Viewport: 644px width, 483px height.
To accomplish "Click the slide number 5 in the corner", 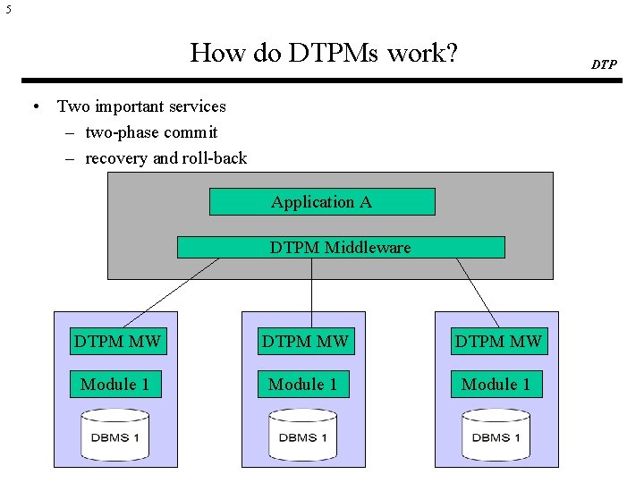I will click(x=8, y=11).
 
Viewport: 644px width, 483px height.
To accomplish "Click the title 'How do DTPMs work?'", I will click(x=324, y=53).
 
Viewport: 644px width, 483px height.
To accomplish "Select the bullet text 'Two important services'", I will click(x=141, y=106).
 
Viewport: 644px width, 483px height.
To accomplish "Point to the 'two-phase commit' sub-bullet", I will click(x=150, y=132).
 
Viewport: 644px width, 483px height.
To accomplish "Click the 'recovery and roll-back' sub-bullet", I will click(x=165, y=158).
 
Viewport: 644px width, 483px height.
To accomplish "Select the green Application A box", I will click(x=322, y=202).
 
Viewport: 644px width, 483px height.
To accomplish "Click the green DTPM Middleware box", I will click(x=341, y=247).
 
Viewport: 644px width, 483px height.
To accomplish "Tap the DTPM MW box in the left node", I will click(x=117, y=340).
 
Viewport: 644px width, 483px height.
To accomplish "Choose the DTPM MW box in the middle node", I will click(x=303, y=340).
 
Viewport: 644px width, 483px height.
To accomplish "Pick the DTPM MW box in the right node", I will click(x=498, y=340).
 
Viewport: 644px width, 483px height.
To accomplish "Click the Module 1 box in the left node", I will click(x=115, y=385).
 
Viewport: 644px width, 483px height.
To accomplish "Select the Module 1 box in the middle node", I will click(x=303, y=385).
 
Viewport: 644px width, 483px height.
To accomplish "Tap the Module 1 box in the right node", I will click(x=496, y=385).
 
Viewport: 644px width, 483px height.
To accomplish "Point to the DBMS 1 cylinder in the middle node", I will click(x=303, y=435).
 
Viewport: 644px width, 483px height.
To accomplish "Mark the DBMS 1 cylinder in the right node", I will click(x=496, y=435).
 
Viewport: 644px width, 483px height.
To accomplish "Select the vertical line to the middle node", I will click(x=311, y=292).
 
